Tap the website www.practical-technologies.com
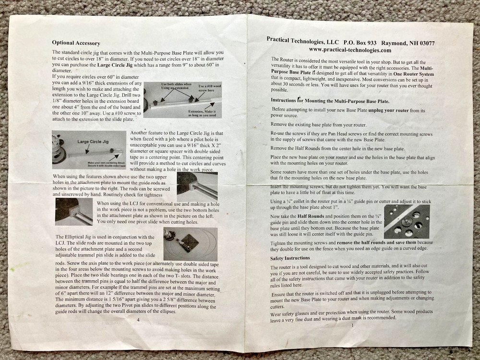point(350,50)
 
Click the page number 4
point(138,319)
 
